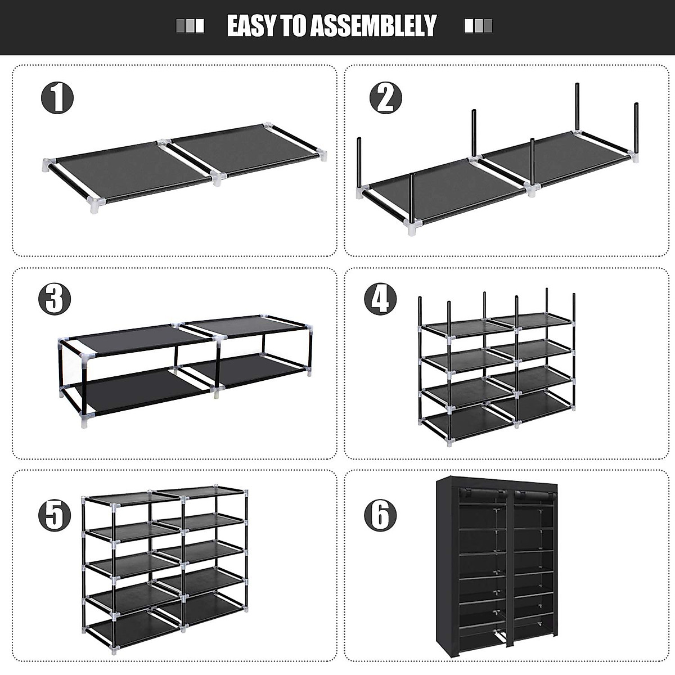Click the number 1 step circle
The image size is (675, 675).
(57, 97)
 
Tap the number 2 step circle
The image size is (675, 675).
(385, 97)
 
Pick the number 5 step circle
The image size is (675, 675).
(55, 515)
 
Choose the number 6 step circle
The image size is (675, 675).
(380, 515)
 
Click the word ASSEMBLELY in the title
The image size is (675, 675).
(374, 26)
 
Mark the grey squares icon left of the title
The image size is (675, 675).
(190, 26)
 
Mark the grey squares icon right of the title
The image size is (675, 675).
(478, 26)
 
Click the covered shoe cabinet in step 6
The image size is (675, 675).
(497, 568)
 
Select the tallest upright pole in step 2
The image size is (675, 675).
(577, 107)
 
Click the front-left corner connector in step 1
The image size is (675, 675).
(96, 204)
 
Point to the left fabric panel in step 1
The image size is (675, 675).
(132, 169)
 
